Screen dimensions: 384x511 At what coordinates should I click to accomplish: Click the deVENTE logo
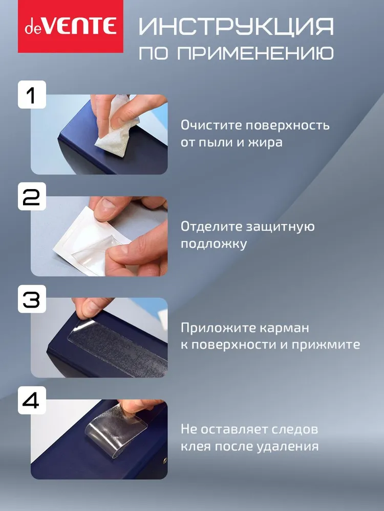point(71,27)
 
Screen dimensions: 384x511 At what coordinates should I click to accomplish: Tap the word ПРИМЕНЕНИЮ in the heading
point(255,53)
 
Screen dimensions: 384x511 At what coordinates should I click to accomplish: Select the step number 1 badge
point(32,95)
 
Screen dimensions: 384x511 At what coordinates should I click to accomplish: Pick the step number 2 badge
point(32,197)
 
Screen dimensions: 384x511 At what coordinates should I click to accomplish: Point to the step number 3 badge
point(32,299)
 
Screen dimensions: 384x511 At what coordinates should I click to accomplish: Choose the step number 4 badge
point(32,401)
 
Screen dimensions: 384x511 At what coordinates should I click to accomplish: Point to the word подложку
point(214,244)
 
